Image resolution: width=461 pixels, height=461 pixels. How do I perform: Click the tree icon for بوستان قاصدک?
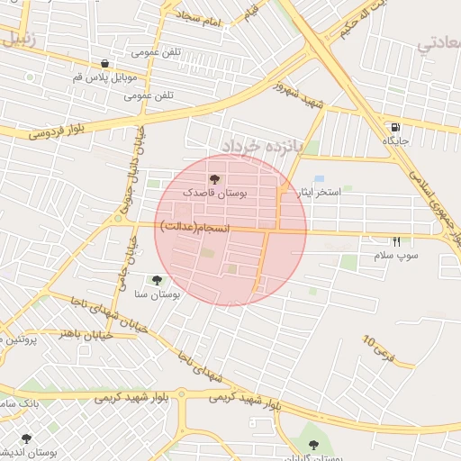[x=213, y=179]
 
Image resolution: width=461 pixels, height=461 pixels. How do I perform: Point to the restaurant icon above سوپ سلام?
[x=396, y=242]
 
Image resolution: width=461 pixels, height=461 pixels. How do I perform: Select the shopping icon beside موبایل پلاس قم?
[x=106, y=64]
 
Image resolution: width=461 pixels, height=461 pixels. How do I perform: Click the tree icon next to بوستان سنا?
[x=158, y=280]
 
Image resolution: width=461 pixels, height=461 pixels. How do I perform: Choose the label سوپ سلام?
[x=397, y=257]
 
